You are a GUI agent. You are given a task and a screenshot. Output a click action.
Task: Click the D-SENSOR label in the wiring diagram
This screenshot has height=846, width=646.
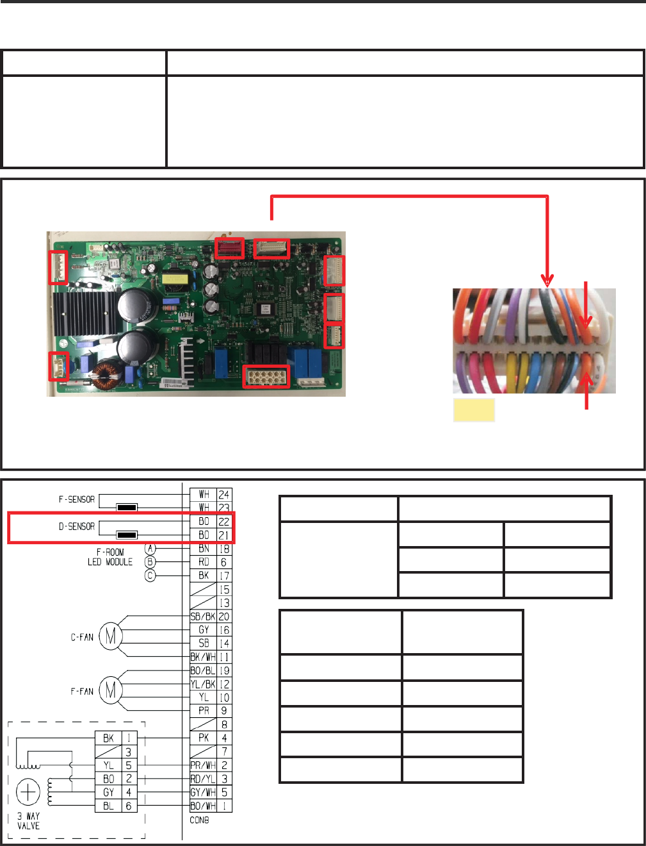tap(77, 527)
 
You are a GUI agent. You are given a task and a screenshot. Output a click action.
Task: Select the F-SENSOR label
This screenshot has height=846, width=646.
tap(77, 499)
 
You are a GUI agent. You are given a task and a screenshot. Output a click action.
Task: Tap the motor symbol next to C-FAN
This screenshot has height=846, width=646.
tap(111, 637)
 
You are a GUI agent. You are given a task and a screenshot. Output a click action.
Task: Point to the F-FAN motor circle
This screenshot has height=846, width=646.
tap(111, 691)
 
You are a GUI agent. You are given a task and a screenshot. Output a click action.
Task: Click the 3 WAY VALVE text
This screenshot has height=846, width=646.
tap(28, 821)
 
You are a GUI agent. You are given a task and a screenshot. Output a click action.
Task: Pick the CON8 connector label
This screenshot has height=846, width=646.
tap(199, 820)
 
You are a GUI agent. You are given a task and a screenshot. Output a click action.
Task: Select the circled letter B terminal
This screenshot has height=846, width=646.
tap(150, 562)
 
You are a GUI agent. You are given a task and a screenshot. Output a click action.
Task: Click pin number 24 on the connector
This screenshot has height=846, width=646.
tap(223, 495)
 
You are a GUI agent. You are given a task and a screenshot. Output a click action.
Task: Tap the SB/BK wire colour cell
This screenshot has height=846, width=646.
tap(203, 617)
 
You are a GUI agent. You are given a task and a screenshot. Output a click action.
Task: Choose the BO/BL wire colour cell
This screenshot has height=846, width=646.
tap(203, 670)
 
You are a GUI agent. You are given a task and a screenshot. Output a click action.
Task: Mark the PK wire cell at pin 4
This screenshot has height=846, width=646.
tap(204, 738)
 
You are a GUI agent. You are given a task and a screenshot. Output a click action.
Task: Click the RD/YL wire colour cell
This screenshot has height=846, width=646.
tap(203, 779)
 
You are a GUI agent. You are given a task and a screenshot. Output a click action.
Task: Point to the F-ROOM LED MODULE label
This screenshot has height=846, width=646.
tap(110, 557)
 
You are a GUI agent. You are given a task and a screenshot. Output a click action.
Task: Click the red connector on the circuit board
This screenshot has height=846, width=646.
tap(229, 247)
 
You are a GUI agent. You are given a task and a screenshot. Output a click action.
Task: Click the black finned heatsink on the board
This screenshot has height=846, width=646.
tap(83, 314)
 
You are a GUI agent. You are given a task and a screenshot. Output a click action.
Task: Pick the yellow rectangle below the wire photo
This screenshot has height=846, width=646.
tap(474, 410)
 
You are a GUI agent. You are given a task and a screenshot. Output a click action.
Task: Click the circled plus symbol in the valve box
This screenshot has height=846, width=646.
tap(28, 793)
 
